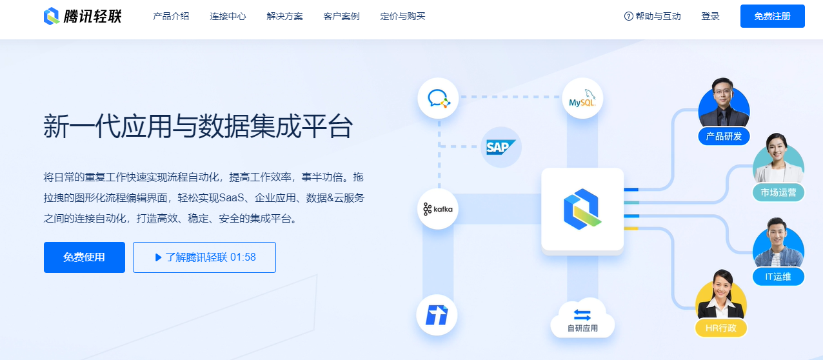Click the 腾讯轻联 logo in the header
coord(82,16)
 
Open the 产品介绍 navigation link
coord(171,16)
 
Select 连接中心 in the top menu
coord(228,16)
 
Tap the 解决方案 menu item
coord(284,16)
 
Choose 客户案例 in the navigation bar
coord(341,16)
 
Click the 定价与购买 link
coord(402,16)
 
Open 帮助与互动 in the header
coord(653,16)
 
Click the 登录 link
coord(710,16)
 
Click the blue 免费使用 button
coord(84,257)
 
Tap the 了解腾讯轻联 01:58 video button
coord(204,257)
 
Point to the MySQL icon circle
coord(582,99)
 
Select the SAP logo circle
coord(501,147)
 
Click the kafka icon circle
coord(438,209)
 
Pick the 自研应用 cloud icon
coord(582,318)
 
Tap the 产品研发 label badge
coord(724,136)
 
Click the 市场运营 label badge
coord(778,192)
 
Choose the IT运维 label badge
coord(778,277)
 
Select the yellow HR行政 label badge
coord(720,328)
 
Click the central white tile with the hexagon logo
coord(582,209)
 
